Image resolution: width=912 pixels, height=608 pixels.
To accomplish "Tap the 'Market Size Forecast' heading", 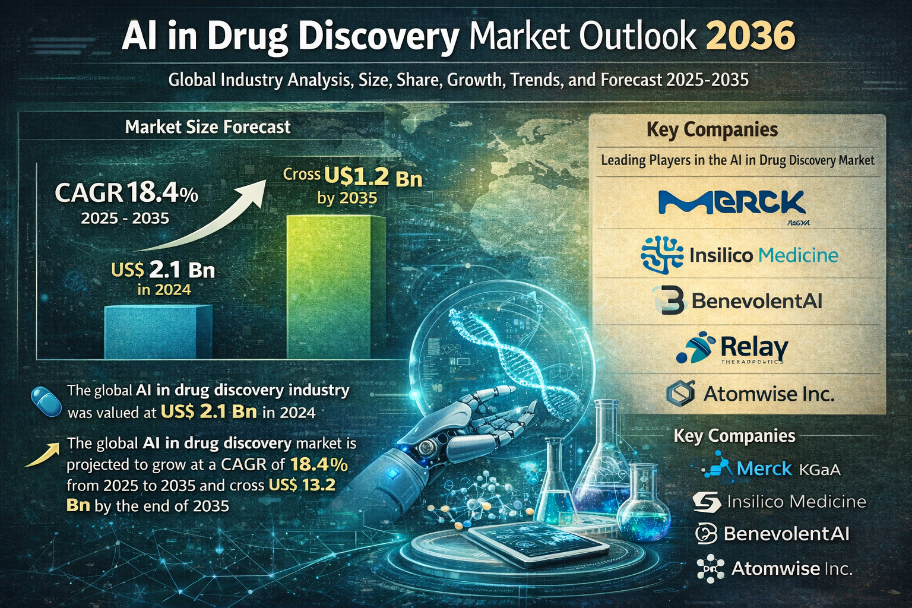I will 208,126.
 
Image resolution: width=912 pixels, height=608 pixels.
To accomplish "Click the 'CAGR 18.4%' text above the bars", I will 126,194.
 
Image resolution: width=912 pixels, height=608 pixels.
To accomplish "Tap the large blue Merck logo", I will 732,204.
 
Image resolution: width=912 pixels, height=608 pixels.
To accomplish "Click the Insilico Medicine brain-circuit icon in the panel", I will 662,255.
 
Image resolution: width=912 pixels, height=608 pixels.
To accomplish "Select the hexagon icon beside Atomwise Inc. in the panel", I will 680,393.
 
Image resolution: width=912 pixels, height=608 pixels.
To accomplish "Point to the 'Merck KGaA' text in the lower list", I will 788,469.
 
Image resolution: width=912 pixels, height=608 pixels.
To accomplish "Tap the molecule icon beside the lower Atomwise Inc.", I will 710,568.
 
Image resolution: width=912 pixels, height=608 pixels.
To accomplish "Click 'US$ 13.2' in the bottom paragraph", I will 302,485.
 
